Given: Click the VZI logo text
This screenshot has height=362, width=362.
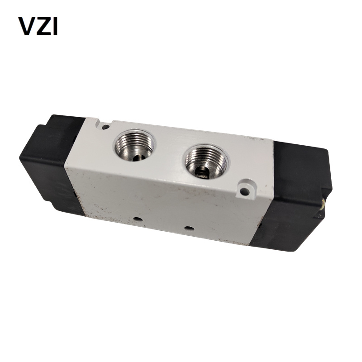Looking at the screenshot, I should [x=38, y=26].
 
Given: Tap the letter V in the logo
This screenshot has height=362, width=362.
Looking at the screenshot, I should [x=26, y=26].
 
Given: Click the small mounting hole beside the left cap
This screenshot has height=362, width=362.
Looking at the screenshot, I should [x=105, y=127].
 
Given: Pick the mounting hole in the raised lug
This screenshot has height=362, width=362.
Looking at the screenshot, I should [x=244, y=191].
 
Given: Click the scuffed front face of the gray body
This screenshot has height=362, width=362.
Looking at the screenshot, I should [x=158, y=199].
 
